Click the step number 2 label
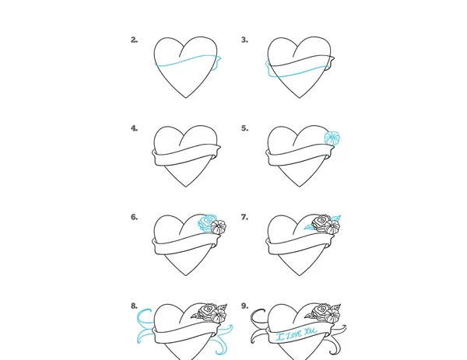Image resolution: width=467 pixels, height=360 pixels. [x=135, y=40]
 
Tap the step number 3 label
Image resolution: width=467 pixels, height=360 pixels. [x=244, y=40]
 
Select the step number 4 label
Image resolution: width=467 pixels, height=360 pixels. [x=135, y=128]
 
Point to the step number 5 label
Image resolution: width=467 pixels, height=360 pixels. [x=244, y=128]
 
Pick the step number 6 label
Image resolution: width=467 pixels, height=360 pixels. [x=135, y=217]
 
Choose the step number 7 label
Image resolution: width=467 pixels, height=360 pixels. [x=244, y=217]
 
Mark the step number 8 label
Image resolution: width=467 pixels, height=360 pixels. [x=135, y=306]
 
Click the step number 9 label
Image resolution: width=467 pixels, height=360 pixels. [x=244, y=306]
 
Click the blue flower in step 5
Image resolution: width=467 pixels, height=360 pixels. [x=332, y=138]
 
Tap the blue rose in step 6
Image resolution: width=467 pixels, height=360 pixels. [x=206, y=222]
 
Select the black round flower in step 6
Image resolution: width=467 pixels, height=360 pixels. [x=218, y=227]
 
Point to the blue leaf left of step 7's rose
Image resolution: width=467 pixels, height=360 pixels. [x=309, y=228]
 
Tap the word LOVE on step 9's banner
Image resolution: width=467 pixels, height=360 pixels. [x=296, y=334]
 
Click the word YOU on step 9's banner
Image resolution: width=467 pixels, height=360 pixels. [x=311, y=331]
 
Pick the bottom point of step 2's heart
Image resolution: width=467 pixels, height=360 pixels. [x=186, y=98]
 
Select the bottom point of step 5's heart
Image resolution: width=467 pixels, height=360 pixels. [x=300, y=187]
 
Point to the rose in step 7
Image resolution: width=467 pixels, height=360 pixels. [x=321, y=222]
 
